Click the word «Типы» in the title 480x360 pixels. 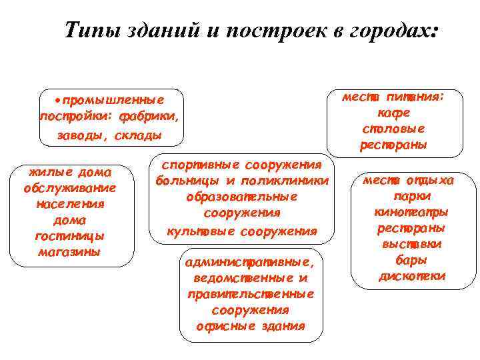point(93,30)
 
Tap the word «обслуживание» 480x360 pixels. point(69,188)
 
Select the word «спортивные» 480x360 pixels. point(197,165)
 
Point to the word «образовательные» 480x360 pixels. point(242,197)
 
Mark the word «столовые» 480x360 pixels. point(394,128)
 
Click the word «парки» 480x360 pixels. point(412,196)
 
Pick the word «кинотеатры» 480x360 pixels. point(411,212)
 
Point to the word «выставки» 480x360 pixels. point(412,244)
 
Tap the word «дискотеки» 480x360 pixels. point(412,276)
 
